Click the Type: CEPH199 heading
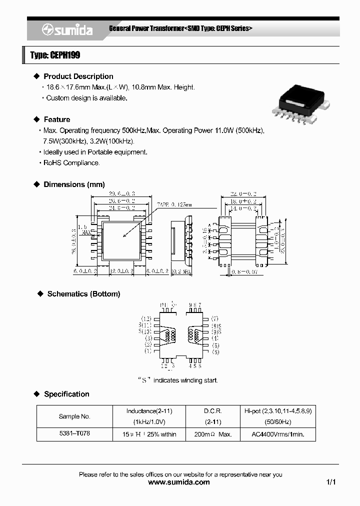[55, 55]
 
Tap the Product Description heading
[78, 76]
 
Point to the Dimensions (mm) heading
[74, 184]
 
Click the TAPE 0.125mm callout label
[174, 204]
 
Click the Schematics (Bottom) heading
[83, 294]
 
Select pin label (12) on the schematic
[146, 318]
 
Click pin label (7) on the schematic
[214, 318]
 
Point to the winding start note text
[177, 380]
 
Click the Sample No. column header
[74, 416]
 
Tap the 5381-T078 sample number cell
[74, 434]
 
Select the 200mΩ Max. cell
[212, 434]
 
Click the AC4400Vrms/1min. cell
[278, 434]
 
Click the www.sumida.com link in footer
[179, 482]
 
